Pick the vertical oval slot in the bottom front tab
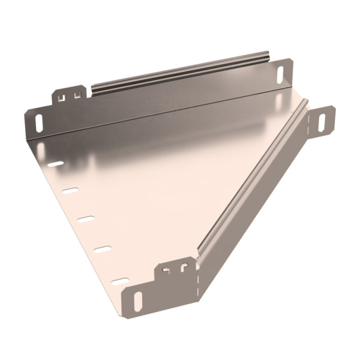pos(138,301)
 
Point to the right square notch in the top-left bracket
pos(76,94)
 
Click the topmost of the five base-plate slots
pos(55,163)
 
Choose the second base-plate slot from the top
pos(71,191)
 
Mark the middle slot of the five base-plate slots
pos(86,218)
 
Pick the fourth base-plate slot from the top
pos(103,248)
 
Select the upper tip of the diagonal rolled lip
pos(305,108)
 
